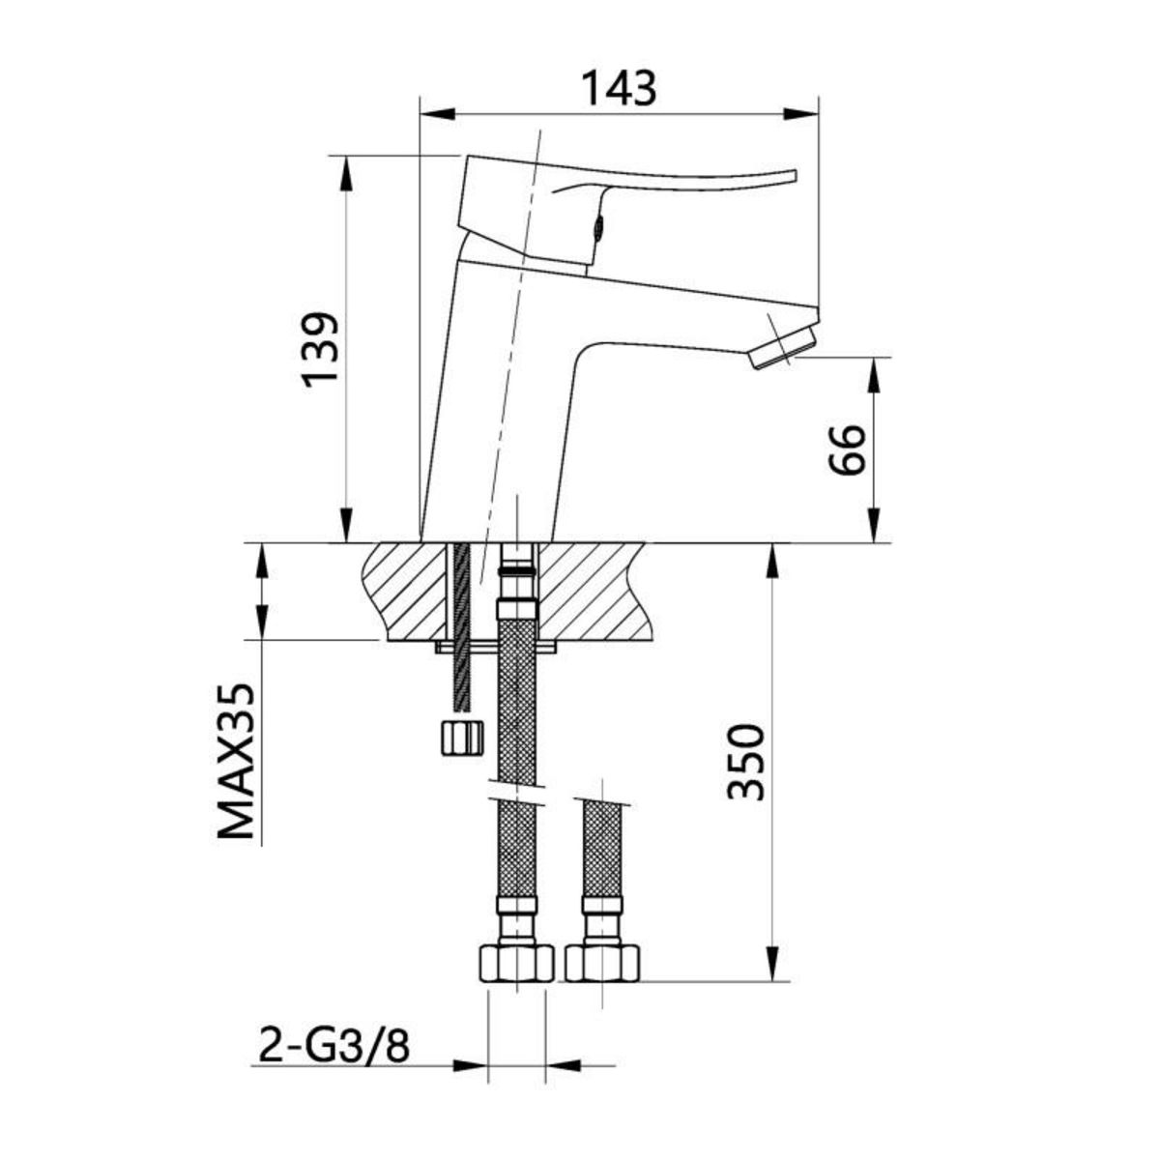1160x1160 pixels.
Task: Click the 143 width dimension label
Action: pyautogui.click(x=619, y=88)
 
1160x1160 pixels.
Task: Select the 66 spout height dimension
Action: pyautogui.click(x=847, y=449)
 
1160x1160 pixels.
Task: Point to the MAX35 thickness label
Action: pyautogui.click(x=236, y=762)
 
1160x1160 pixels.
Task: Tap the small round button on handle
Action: pyautogui.click(x=598, y=229)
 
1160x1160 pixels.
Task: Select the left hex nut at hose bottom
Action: pyautogui.click(x=516, y=963)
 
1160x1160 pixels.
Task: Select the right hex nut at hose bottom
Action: pyautogui.click(x=603, y=963)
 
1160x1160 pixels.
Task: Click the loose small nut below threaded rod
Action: pyautogui.click(x=460, y=737)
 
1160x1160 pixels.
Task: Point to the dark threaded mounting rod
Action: pyautogui.click(x=461, y=619)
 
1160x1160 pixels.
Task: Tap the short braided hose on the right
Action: pyautogui.click(x=602, y=851)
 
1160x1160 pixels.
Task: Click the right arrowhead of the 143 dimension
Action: pyautogui.click(x=802, y=114)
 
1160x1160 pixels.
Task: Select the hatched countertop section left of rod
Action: pyautogui.click(x=406, y=590)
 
